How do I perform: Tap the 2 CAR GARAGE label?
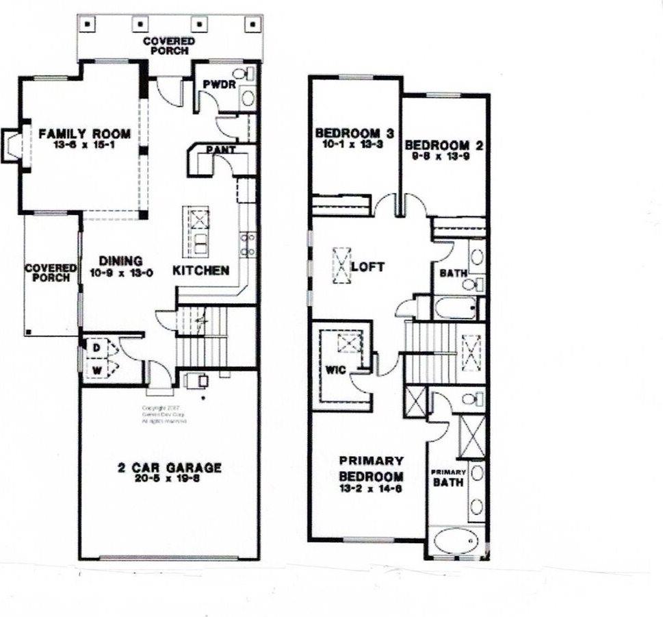point(169,468)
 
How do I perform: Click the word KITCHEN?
point(200,270)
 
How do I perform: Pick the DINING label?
point(120,260)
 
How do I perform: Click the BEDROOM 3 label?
point(353,133)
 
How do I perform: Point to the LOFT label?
point(368,266)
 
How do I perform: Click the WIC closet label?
point(334,370)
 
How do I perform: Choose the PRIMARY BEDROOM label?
point(371,468)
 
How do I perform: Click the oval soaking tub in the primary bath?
point(456,540)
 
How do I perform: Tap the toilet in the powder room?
point(241,73)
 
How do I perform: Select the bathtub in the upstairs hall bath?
point(455,307)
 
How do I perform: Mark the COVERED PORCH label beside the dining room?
point(51,273)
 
